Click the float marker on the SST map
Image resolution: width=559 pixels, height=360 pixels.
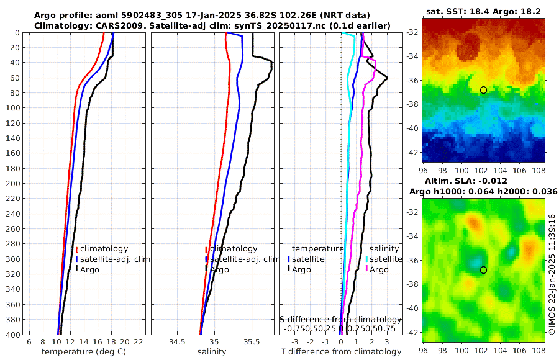point(483,90)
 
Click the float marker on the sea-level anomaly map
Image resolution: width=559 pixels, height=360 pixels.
point(483,270)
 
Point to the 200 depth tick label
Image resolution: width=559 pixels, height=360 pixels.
point(13,184)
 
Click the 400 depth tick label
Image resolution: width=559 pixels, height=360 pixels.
point(13,335)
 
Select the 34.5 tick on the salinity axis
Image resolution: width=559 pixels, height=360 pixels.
point(177,342)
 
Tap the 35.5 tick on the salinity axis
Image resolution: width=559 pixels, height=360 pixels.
point(252,342)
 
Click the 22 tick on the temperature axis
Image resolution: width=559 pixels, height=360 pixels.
point(139,342)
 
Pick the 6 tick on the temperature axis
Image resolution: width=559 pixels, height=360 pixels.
point(29,342)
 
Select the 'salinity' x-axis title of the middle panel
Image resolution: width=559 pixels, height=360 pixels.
point(212,352)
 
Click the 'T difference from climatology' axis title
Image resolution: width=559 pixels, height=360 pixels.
point(341,352)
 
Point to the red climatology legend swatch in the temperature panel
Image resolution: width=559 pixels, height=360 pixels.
point(76,249)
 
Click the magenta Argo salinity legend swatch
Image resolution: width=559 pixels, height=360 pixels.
point(366,269)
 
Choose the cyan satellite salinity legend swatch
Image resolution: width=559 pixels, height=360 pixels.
point(366,259)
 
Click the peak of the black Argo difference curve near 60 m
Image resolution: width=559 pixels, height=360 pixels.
point(388,78)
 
